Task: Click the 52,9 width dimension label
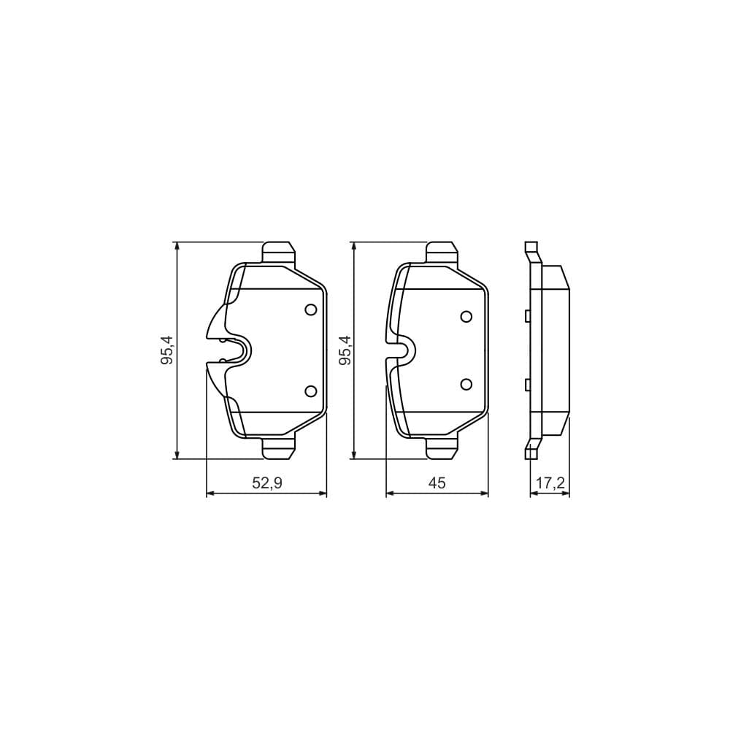pos(266,483)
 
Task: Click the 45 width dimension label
pos(437,483)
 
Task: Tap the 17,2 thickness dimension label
pos(550,483)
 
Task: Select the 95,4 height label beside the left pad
pos(167,350)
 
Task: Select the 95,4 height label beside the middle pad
pos(345,350)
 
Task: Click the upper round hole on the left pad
pos(311,310)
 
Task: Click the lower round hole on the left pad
pos(311,391)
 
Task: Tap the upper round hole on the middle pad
pos(466,316)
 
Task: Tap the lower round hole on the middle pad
pos(466,384)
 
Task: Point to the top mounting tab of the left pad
pos(279,252)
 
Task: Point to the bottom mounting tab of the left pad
pos(279,448)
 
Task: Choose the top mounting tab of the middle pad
pos(442,252)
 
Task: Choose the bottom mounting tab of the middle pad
pos(442,448)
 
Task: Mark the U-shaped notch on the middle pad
pos(404,350)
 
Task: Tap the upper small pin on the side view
pos(526,315)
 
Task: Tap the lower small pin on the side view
pos(526,385)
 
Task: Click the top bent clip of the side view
pos(532,253)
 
